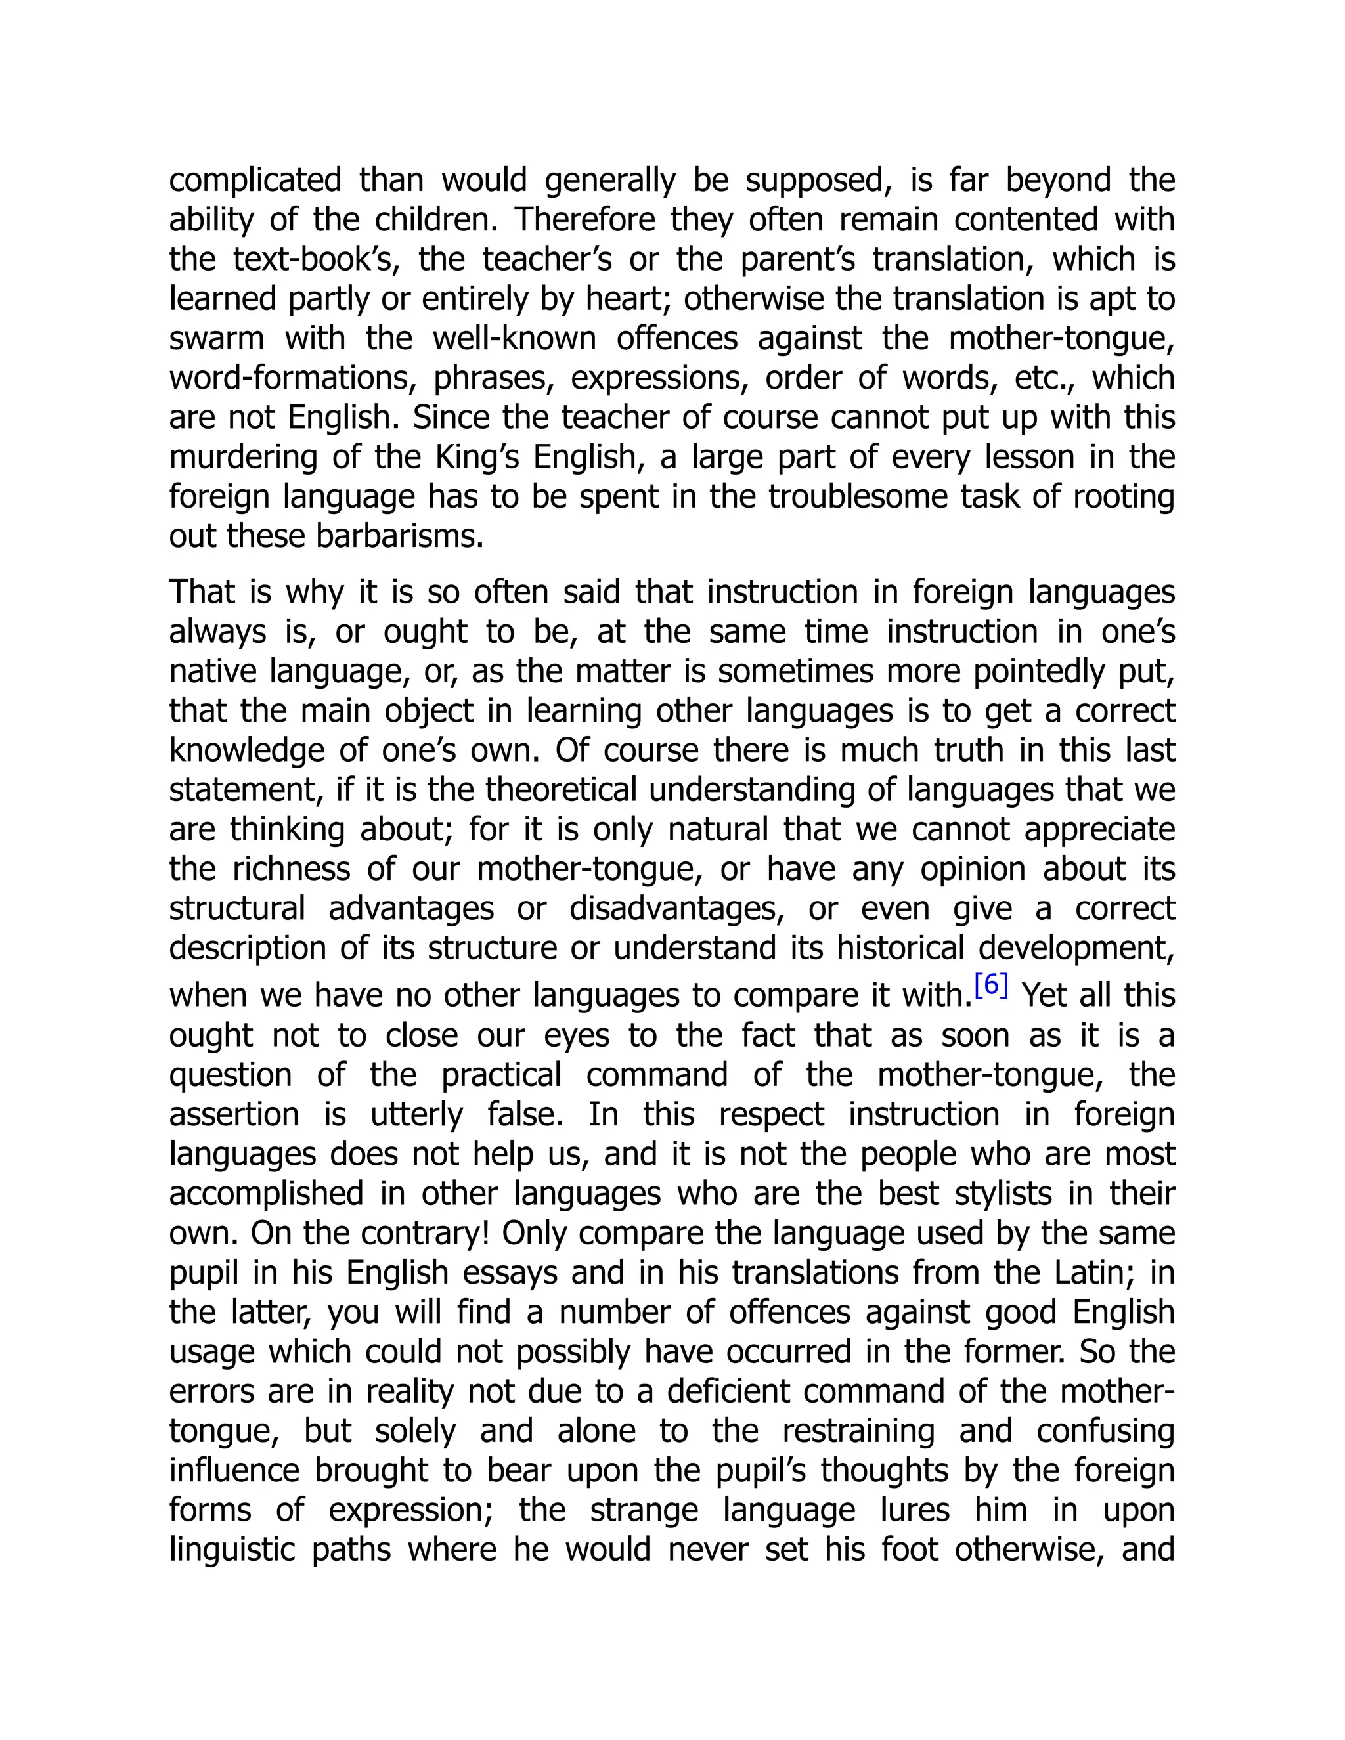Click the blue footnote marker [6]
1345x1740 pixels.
991,986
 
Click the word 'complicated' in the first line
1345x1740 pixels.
255,181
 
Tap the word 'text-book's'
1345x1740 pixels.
315,260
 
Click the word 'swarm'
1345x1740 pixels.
216,339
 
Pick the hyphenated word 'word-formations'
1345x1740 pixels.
292,378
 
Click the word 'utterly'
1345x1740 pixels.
416,1114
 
